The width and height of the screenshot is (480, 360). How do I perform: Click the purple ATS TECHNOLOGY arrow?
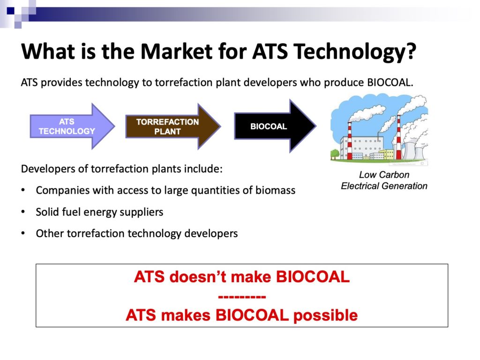pyautogui.click(x=72, y=126)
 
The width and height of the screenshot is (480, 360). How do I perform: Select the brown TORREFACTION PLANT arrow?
pyautogui.click(x=173, y=126)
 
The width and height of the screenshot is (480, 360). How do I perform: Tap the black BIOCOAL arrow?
pyautogui.click(x=275, y=126)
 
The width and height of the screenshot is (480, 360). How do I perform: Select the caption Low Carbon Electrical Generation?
pyautogui.click(x=384, y=180)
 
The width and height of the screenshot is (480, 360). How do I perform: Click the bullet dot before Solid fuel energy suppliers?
pyautogui.click(x=23, y=212)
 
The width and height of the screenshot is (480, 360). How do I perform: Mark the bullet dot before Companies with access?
pyautogui.click(x=23, y=190)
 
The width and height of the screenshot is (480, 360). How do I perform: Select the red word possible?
pyautogui.click(x=325, y=315)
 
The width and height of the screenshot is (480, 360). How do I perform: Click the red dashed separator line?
pyautogui.click(x=242, y=297)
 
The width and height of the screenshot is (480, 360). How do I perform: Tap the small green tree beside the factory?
pyautogui.click(x=335, y=153)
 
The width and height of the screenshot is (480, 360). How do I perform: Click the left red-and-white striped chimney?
pyautogui.click(x=349, y=140)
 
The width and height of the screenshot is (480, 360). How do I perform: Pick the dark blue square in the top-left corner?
pyautogui.click(x=11, y=11)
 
